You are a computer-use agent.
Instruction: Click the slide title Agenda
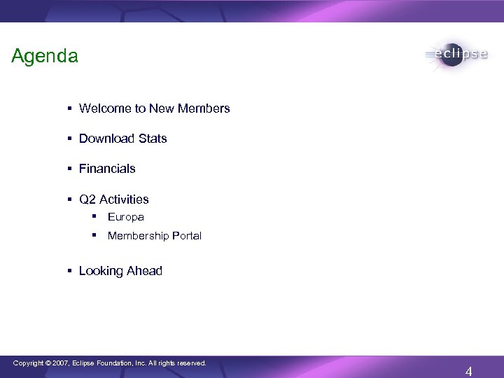pyautogui.click(x=45, y=57)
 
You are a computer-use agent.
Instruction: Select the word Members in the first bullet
pyautogui.click(x=204, y=109)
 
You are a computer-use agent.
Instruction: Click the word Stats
pyautogui.click(x=153, y=139)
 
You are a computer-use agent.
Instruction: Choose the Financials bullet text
pyautogui.click(x=107, y=169)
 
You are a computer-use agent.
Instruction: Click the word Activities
pyautogui.click(x=124, y=199)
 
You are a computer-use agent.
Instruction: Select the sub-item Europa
pyautogui.click(x=125, y=218)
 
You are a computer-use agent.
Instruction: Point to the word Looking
pyautogui.click(x=101, y=271)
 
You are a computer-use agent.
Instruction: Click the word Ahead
pyautogui.click(x=145, y=271)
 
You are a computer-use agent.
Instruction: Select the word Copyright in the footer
pyautogui.click(x=29, y=363)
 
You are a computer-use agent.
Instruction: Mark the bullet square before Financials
pyautogui.click(x=71, y=169)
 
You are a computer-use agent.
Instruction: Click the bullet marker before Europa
pyautogui.click(x=98, y=218)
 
